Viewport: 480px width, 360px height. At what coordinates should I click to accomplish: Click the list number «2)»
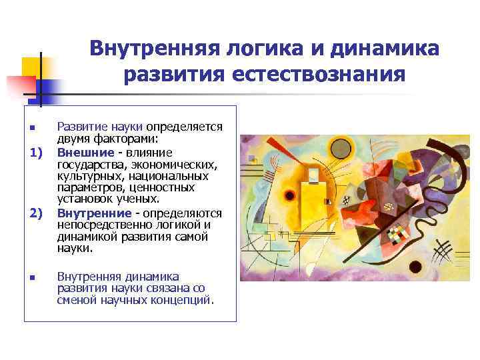point(36,213)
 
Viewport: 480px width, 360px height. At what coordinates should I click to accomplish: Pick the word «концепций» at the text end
point(181,299)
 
